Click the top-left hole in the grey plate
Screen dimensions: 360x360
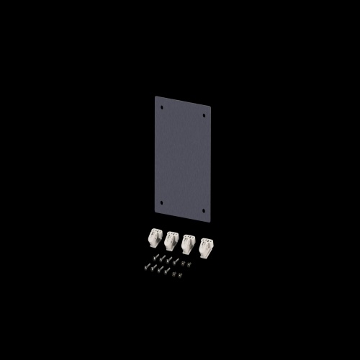pos(162,107)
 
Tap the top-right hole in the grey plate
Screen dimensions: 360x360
pos(204,114)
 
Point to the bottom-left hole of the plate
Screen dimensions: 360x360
pos(161,202)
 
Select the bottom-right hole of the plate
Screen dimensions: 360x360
pos(204,211)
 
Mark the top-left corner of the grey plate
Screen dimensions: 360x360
pos(156,96)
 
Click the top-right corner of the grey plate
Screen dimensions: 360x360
pos(211,106)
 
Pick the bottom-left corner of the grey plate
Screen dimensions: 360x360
pos(155,211)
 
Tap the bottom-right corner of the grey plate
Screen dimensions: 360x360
pos(210,222)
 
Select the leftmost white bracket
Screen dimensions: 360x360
pos(155,238)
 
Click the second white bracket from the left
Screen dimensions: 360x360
pos(171,240)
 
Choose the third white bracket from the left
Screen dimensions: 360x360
pos(189,243)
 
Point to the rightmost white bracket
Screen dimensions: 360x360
pos(206,247)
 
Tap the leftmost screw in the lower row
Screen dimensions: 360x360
pos(145,266)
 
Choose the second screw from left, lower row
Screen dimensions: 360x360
pos(152,269)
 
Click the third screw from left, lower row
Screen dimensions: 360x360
pos(158,271)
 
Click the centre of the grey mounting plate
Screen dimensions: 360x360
pos(183,159)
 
